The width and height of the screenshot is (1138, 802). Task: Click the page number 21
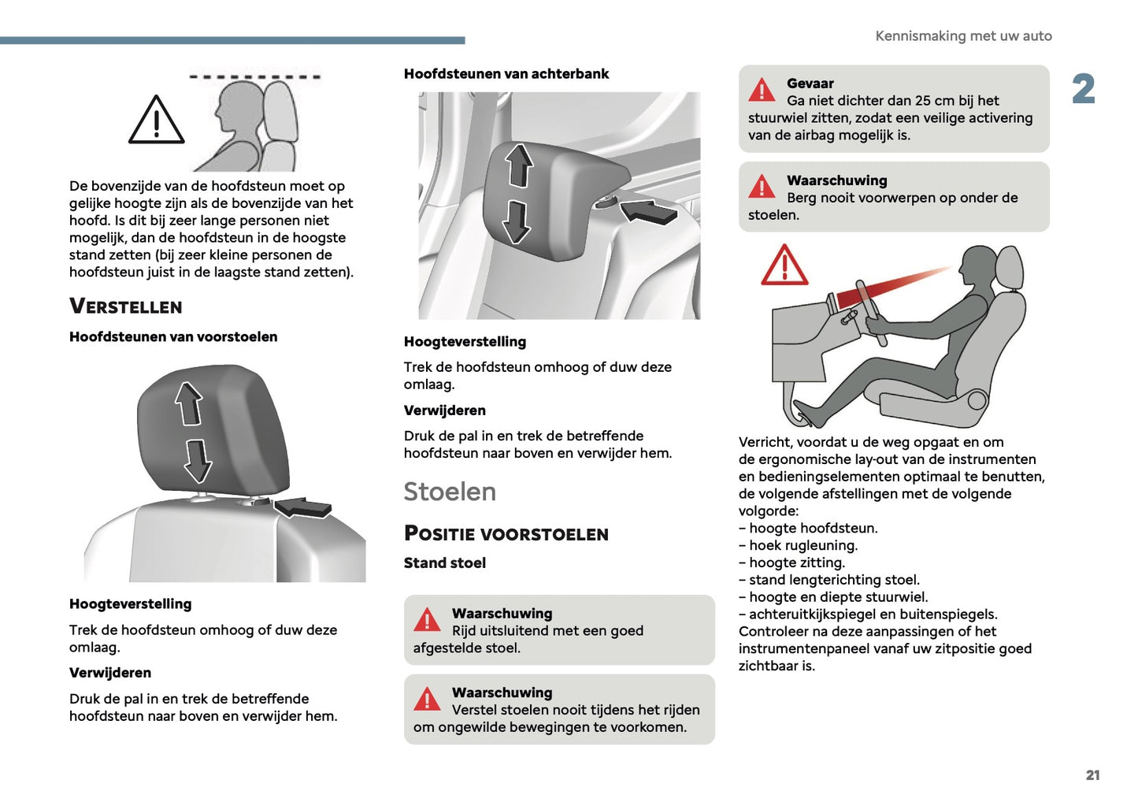pyautogui.click(x=1092, y=775)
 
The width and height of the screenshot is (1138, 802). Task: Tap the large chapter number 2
pyautogui.click(x=1083, y=89)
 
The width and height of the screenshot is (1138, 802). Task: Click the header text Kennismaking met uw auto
pyautogui.click(x=963, y=36)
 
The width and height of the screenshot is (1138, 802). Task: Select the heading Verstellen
pyautogui.click(x=126, y=306)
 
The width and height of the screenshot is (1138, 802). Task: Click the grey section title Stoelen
pyautogui.click(x=450, y=492)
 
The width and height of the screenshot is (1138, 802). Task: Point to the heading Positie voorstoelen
pyautogui.click(x=506, y=534)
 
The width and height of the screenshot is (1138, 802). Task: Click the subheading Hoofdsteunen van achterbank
pyautogui.click(x=506, y=74)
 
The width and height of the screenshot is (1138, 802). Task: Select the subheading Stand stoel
pyautogui.click(x=445, y=563)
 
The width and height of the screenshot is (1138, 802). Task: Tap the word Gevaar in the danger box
pyautogui.click(x=810, y=84)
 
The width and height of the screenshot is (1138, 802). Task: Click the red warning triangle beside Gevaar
pyautogui.click(x=762, y=91)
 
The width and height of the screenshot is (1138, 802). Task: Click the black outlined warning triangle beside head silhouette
pyautogui.click(x=157, y=122)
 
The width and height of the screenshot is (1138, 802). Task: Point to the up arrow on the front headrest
pyautogui.click(x=189, y=403)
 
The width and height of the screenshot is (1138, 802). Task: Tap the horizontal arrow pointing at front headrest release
pyautogui.click(x=303, y=507)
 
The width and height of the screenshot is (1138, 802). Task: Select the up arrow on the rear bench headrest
pyautogui.click(x=519, y=165)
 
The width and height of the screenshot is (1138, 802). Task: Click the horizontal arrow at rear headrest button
pyautogui.click(x=649, y=211)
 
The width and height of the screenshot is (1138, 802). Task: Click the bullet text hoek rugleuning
pyautogui.click(x=803, y=545)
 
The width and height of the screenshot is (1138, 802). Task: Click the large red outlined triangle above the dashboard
pyautogui.click(x=784, y=265)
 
